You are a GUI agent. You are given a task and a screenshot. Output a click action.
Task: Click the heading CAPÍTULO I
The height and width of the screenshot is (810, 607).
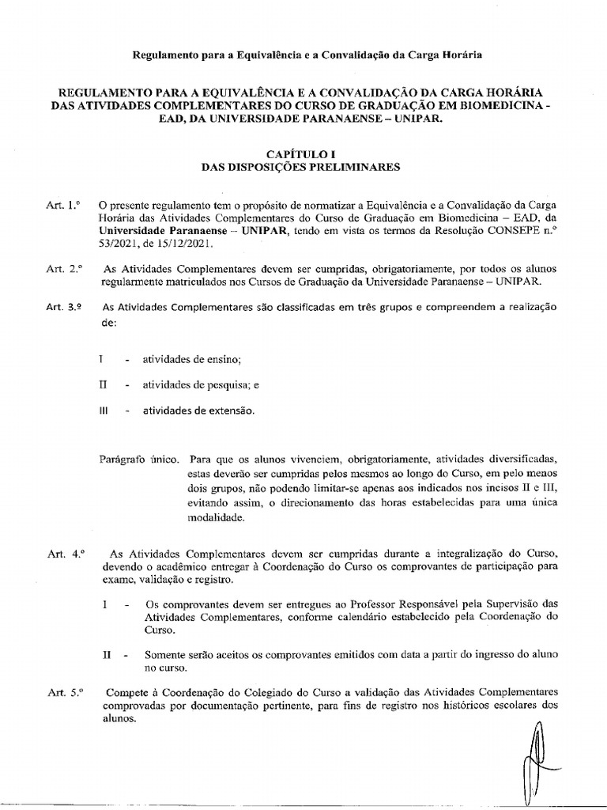tap(303, 153)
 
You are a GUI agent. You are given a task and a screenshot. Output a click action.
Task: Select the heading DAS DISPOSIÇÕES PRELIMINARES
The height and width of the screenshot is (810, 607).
tap(303, 167)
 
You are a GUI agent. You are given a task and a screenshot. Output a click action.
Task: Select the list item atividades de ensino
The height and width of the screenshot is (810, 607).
tap(191, 360)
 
